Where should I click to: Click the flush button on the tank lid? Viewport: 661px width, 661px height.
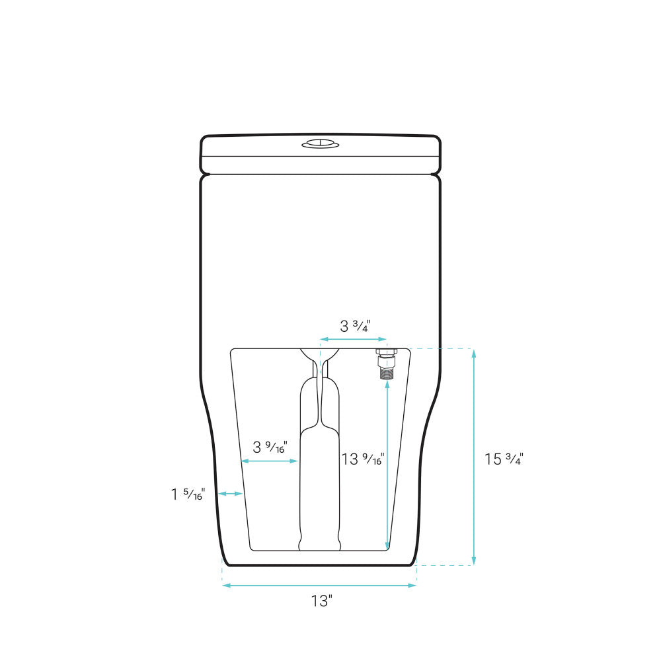[321, 143]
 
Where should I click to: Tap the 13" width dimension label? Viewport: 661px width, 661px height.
[322, 601]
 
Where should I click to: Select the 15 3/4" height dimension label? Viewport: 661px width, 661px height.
[504, 459]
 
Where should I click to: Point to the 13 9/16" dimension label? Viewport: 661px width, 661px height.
[362, 459]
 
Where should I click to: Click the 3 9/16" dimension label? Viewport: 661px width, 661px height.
[270, 447]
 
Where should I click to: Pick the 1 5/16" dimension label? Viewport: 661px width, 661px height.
[188, 494]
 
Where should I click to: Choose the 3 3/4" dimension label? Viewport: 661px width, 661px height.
[356, 326]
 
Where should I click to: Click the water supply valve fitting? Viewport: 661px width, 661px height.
[387, 364]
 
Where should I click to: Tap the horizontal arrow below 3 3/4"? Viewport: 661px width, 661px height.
[353, 339]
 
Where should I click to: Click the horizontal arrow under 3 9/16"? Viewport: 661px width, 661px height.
[270, 461]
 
